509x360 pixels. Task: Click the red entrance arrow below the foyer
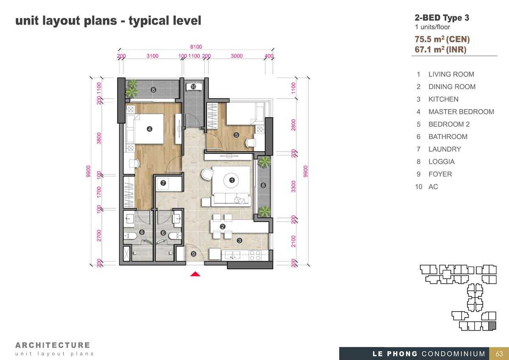pyautogui.click(x=195, y=274)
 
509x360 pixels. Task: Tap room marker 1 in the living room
pyautogui.click(x=232, y=180)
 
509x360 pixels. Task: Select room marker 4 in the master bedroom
pyautogui.click(x=149, y=129)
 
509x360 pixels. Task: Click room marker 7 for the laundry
pyautogui.click(x=163, y=183)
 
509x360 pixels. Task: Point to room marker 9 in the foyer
pyautogui.click(x=193, y=254)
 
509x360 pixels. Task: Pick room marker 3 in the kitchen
pyautogui.click(x=239, y=241)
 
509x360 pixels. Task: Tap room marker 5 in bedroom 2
pyautogui.click(x=236, y=135)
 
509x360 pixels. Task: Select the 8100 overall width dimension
pyautogui.click(x=196, y=47)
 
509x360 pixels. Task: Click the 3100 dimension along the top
pyautogui.click(x=152, y=56)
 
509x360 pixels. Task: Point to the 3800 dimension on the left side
pyautogui.click(x=99, y=138)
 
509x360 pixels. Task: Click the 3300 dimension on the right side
pyautogui.click(x=294, y=186)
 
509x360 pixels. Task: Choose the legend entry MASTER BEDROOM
pyautogui.click(x=461, y=112)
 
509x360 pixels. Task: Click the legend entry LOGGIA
pyautogui.click(x=442, y=162)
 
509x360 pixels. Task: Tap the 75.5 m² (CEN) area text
pyautogui.click(x=442, y=39)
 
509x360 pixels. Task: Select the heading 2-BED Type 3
pyautogui.click(x=442, y=18)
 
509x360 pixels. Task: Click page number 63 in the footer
pyautogui.click(x=499, y=354)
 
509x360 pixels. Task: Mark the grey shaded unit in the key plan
pyautogui.click(x=492, y=326)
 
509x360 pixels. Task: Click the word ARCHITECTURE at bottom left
pyautogui.click(x=53, y=345)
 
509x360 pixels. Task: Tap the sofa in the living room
pyautogui.click(x=231, y=200)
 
